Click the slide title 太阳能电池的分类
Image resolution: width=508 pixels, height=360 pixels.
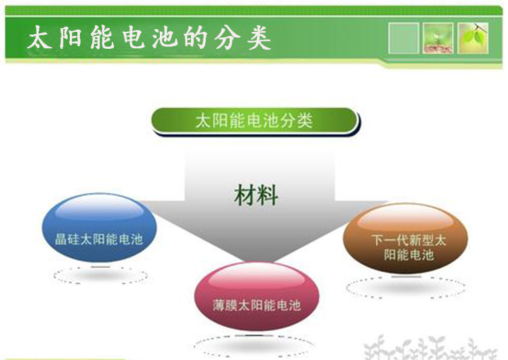150,37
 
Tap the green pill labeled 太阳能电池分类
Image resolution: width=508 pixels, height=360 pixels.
255,121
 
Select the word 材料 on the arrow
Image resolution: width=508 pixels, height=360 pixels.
256,195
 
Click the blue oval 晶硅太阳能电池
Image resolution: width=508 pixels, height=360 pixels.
100,228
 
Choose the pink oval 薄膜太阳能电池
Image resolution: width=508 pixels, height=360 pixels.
257,296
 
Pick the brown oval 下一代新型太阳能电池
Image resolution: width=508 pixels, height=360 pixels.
405,239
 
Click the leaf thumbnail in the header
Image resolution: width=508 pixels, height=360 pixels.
473,38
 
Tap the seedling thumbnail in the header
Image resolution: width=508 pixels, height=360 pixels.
438,38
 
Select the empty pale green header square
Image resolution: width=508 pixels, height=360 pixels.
404,38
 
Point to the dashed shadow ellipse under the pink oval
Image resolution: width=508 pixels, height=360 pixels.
255,336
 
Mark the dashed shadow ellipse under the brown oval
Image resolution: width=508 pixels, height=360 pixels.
406,277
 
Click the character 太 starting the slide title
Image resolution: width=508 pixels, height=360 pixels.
40,37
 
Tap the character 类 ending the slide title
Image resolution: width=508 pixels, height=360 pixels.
259,37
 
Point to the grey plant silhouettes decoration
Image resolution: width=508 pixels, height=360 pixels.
431,348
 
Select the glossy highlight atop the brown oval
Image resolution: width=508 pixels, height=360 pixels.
405,218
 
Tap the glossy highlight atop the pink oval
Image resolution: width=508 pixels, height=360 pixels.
257,277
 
